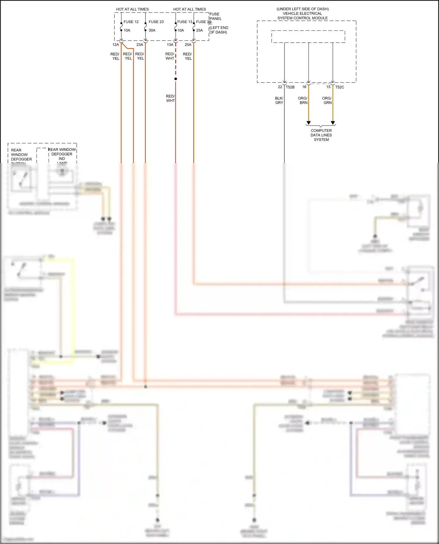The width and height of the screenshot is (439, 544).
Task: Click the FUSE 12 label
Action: (131, 22)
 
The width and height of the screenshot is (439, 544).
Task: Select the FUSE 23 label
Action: (156, 22)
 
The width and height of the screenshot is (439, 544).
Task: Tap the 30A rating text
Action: (152, 30)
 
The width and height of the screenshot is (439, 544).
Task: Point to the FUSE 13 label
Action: (185, 22)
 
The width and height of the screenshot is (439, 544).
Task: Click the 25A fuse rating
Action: (199, 30)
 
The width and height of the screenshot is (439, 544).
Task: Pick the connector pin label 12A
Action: (116, 45)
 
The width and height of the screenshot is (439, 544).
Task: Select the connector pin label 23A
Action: (140, 45)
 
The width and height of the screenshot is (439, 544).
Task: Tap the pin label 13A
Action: (170, 45)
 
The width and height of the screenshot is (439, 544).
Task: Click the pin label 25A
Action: (188, 45)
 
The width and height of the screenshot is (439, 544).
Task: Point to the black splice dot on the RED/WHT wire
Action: (176, 79)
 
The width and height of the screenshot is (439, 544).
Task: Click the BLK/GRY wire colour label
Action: (279, 101)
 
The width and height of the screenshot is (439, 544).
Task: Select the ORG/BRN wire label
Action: (303, 101)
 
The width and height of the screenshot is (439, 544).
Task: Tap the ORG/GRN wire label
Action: (327, 101)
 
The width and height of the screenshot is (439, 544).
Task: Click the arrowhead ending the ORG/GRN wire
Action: (333, 123)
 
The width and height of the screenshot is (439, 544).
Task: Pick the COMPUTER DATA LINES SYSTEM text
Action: (321, 135)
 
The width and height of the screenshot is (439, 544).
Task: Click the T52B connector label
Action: (290, 87)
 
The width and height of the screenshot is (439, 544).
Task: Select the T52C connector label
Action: (339, 87)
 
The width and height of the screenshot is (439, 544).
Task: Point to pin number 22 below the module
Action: (280, 87)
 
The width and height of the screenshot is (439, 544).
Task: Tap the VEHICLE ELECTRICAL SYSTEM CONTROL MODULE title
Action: (303, 14)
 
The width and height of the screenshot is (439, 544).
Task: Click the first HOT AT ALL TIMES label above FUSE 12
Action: (132, 9)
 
